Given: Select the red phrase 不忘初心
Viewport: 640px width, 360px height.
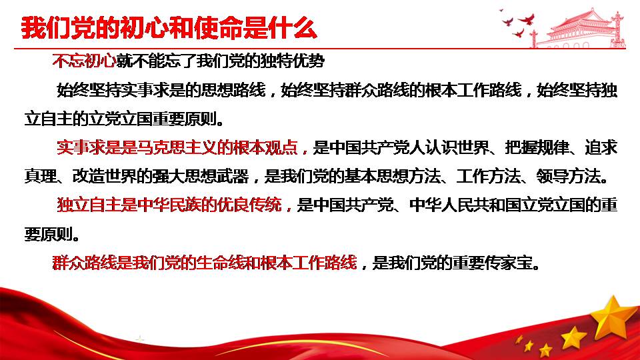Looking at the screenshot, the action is click(x=85, y=61).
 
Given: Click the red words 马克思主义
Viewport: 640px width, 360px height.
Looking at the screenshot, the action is click(x=177, y=147).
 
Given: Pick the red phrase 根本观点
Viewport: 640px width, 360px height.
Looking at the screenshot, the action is click(x=265, y=147).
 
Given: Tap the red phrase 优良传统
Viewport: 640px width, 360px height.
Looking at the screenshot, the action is click(x=249, y=205).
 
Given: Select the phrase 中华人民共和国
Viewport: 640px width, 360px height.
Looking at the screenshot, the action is click(x=465, y=205).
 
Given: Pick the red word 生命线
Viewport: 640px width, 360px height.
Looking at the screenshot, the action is click(x=221, y=263).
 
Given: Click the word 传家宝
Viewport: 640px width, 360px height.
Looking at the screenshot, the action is click(x=509, y=263).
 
